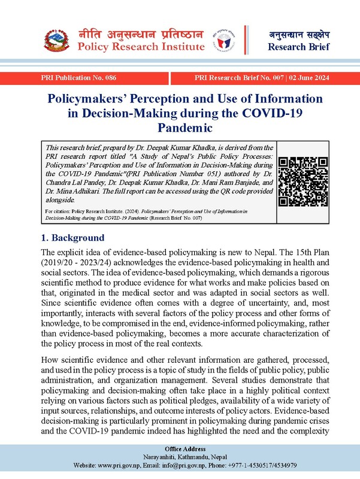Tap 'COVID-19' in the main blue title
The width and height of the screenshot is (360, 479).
297,113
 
